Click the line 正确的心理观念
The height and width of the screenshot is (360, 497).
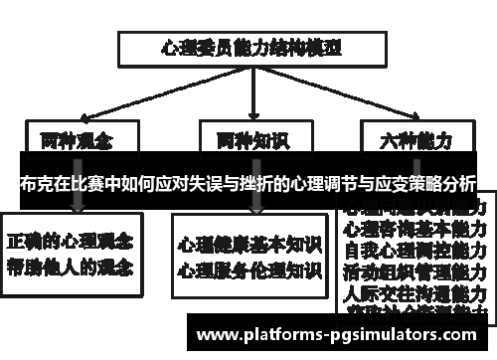coord(73,242)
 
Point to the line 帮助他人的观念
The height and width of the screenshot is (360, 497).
coord(73,267)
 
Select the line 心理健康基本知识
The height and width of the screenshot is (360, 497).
coord(249,245)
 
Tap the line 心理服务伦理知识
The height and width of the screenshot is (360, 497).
coord(249,269)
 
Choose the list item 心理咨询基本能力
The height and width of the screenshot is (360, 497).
coord(414,229)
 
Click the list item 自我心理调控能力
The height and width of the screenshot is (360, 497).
coord(414,251)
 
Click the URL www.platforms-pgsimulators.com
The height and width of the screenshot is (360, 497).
coord(343,332)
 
